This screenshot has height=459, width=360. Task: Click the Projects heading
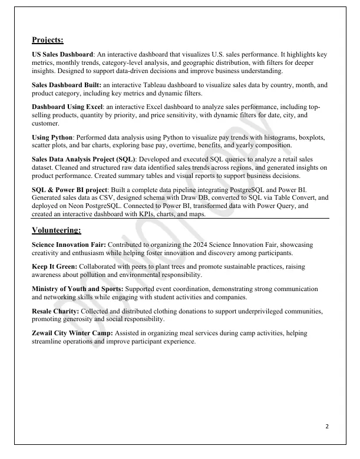(x=48, y=41)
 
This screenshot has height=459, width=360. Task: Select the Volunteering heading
(x=57, y=230)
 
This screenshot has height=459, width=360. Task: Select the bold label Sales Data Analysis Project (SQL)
(x=84, y=159)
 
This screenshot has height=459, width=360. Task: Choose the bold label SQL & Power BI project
(x=67, y=189)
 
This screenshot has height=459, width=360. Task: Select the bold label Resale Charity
(x=55, y=311)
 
